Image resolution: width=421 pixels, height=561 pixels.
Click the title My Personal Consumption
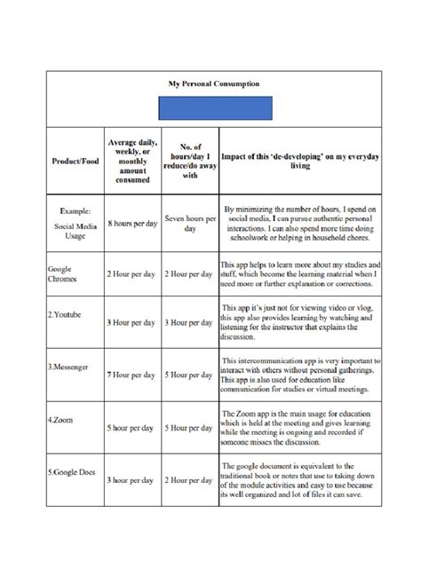coord(214,83)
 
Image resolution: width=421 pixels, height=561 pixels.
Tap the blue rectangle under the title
coord(214,108)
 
